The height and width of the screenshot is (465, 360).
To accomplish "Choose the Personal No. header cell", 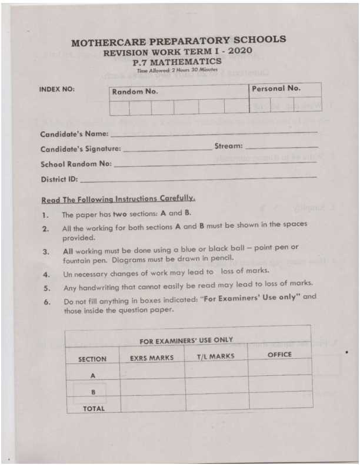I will [x=276, y=89].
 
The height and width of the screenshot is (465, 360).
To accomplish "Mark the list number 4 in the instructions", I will [x=45, y=273].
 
